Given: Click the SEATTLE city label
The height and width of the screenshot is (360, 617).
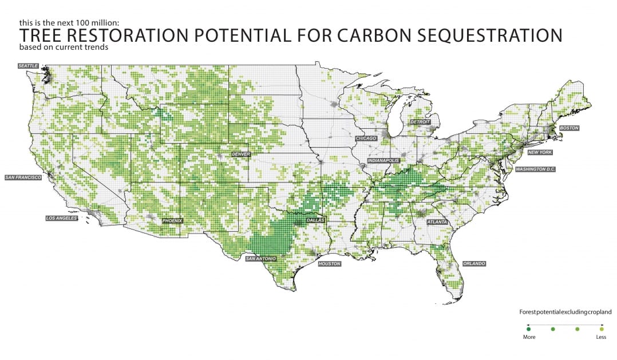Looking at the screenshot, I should [x=28, y=66].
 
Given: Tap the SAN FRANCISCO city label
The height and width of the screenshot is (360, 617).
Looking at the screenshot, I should [x=23, y=178].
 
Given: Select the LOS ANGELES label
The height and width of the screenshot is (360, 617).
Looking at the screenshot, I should [x=61, y=218].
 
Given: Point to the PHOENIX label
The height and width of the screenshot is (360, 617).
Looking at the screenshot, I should [x=173, y=220].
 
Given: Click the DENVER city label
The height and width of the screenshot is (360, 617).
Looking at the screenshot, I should [x=241, y=155].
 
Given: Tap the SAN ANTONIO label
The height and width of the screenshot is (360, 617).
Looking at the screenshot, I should [x=260, y=259].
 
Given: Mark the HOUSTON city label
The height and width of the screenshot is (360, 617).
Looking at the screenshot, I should [x=329, y=264].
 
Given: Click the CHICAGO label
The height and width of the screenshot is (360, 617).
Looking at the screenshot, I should [x=366, y=139].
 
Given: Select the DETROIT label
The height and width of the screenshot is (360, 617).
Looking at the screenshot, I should [x=420, y=122].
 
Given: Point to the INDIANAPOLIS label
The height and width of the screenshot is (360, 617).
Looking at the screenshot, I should [x=383, y=161].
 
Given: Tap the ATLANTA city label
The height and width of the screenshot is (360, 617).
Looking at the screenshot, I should [x=437, y=221].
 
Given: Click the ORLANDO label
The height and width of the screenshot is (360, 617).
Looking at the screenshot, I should [x=474, y=263].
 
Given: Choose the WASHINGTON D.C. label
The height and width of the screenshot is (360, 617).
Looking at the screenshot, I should [x=536, y=169].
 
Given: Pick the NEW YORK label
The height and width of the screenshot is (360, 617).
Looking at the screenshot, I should [x=539, y=152].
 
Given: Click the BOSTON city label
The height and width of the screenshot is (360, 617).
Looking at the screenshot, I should [x=569, y=128].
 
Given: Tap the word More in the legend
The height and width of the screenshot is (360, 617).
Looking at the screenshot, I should [x=529, y=337].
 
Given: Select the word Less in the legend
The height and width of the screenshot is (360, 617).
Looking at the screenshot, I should [x=600, y=337].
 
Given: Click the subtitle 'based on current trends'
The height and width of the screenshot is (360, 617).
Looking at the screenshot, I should [x=63, y=47].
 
